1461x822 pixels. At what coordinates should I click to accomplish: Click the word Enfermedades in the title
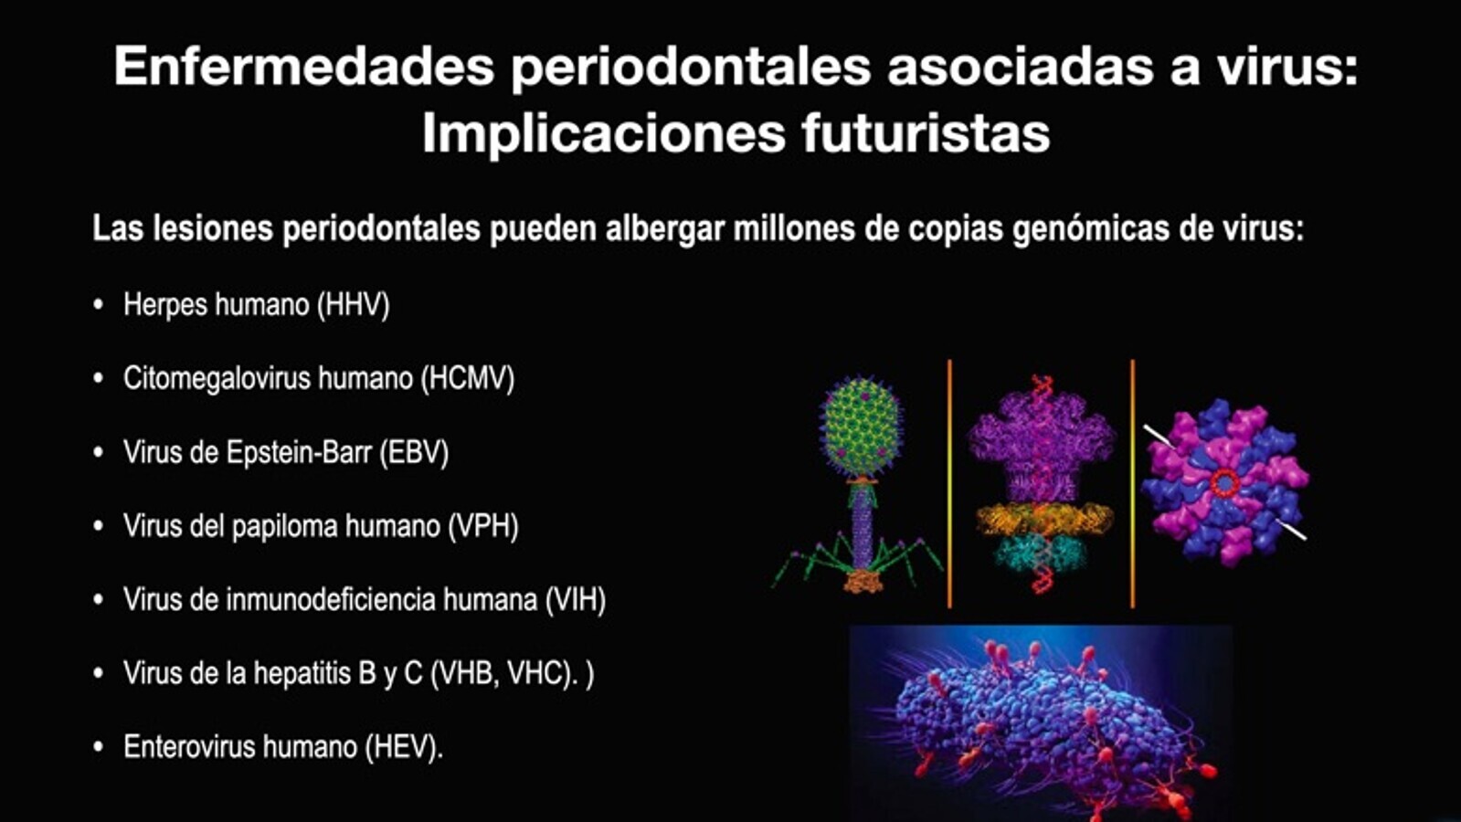[304, 66]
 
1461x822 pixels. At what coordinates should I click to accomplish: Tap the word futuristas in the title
[926, 133]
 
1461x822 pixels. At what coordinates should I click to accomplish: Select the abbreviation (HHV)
[354, 305]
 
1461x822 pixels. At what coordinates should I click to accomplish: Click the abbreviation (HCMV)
[468, 379]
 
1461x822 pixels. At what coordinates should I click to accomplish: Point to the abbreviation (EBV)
[414, 452]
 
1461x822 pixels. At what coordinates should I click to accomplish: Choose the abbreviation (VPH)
[483, 526]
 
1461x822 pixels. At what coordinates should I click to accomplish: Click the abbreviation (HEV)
[404, 747]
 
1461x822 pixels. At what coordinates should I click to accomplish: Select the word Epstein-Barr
[299, 452]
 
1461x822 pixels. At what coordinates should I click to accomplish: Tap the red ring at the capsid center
[1224, 483]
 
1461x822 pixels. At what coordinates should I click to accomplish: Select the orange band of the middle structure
[1043, 519]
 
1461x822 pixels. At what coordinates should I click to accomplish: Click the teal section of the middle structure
[1042, 553]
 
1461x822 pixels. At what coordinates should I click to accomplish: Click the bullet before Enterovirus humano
[99, 747]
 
